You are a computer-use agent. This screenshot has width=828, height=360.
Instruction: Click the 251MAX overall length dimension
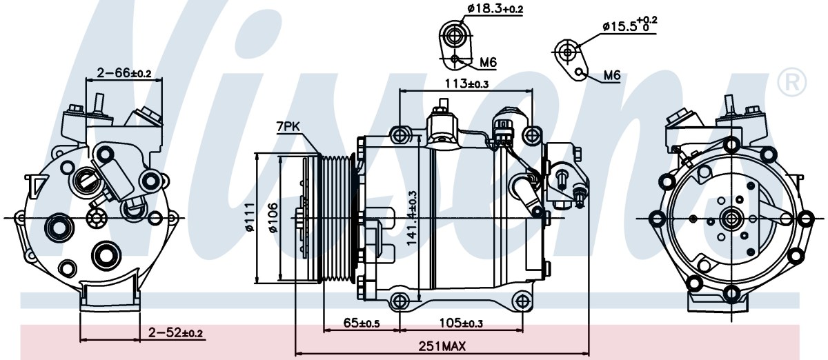click(x=442, y=346)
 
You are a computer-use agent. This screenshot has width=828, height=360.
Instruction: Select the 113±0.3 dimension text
click(x=466, y=84)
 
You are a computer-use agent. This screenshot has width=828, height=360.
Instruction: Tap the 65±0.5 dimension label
click(x=361, y=323)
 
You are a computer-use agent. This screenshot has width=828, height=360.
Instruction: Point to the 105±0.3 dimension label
click(x=461, y=323)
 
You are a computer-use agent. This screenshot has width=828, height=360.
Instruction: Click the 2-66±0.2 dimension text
click(x=124, y=72)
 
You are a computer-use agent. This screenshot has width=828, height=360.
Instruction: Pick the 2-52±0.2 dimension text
click(x=175, y=333)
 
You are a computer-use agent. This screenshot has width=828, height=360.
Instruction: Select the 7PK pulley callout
click(x=288, y=127)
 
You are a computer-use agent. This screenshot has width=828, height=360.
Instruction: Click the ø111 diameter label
click(x=250, y=217)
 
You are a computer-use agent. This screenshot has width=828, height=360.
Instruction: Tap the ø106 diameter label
click(x=273, y=218)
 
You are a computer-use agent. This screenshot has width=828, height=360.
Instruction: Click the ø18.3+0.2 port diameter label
click(x=495, y=9)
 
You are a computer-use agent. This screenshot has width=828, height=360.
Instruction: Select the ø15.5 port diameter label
click(x=630, y=24)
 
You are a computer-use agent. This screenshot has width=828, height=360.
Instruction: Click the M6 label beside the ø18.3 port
click(x=488, y=63)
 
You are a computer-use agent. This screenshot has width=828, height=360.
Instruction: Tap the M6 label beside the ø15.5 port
click(x=612, y=76)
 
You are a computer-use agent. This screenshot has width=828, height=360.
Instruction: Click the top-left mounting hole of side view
click(x=400, y=135)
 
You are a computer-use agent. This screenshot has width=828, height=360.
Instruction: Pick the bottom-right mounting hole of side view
click(x=522, y=302)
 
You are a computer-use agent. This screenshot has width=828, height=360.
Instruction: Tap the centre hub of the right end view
click(x=731, y=219)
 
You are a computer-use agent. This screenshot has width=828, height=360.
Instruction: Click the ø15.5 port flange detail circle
click(x=568, y=52)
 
